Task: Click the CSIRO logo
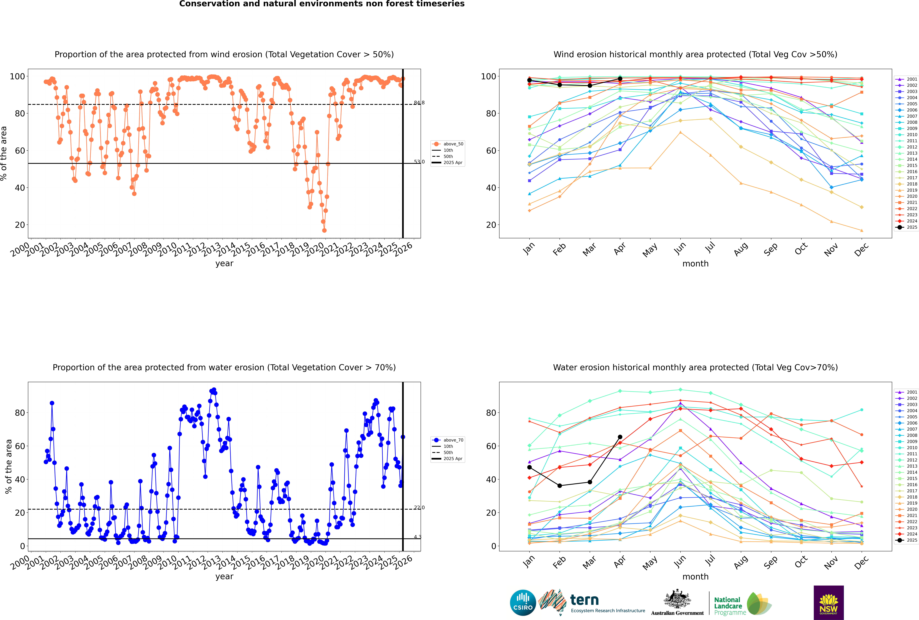pos(523,603)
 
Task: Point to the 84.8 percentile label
pos(419,103)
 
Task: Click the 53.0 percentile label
pos(419,162)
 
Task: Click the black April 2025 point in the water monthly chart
pos(620,437)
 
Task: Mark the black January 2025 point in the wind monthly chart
pos(529,80)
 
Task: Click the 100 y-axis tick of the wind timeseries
pos(17,76)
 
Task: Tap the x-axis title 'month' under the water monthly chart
pos(695,577)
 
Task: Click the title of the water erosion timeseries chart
pos(224,367)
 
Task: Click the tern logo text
pos(584,600)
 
